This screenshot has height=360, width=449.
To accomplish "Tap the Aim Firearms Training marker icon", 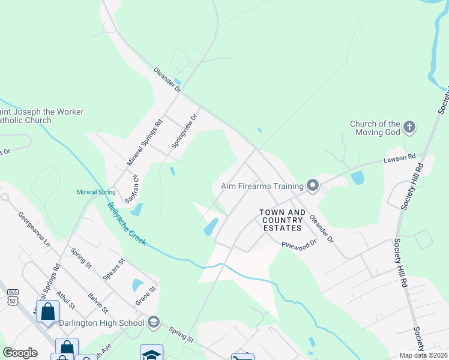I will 312,185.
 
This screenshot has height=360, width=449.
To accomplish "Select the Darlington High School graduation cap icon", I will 153,323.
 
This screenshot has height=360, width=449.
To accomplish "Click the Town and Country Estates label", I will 282,220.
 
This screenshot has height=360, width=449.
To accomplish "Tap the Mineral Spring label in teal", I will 96,193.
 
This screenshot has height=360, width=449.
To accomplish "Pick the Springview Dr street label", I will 184,131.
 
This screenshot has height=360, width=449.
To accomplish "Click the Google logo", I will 20,353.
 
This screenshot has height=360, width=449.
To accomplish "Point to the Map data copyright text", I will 424,355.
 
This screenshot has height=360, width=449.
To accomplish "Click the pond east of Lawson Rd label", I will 358,178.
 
